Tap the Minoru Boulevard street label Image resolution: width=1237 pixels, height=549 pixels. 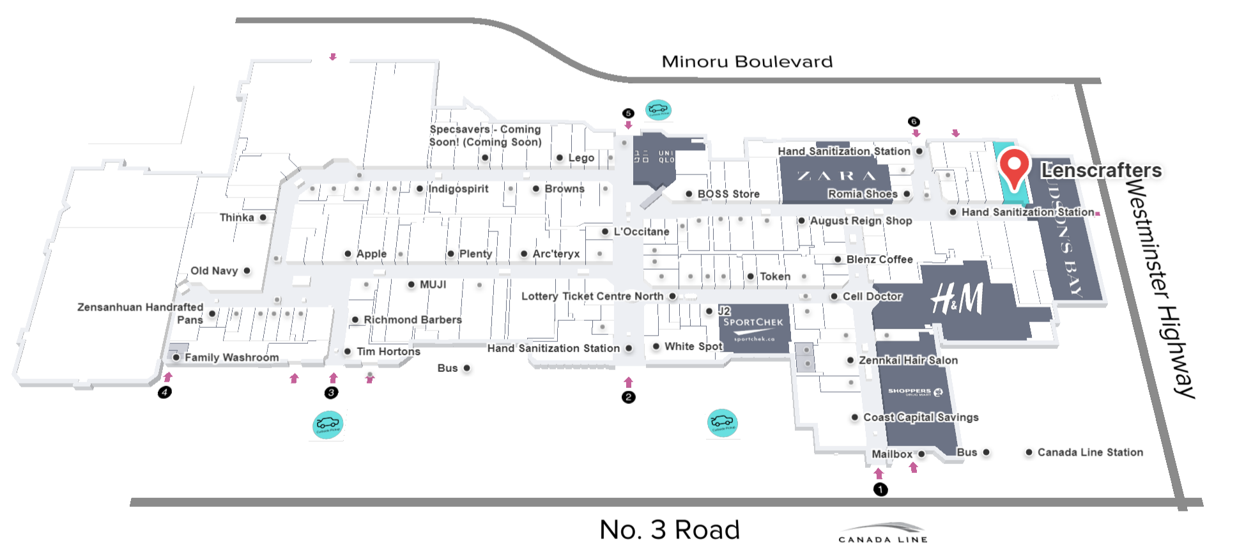point(747,62)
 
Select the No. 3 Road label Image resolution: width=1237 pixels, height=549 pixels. point(669,530)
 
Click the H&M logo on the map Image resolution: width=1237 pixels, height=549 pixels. point(957,299)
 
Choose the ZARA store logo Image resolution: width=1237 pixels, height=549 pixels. point(836,176)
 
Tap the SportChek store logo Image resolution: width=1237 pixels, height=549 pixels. point(753,327)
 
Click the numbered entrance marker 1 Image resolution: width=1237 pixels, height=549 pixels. point(880,490)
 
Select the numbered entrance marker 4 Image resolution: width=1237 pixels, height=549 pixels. point(165,392)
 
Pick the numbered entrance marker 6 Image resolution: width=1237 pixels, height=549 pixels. point(914,121)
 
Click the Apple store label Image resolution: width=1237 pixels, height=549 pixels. point(371,254)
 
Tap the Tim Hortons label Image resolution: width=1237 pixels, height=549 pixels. point(388,352)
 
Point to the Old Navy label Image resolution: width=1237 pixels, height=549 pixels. point(214,271)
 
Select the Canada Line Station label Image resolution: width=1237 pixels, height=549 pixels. point(1089,452)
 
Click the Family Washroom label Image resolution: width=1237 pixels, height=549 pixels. point(231,357)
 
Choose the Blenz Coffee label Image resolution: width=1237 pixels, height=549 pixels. point(879,259)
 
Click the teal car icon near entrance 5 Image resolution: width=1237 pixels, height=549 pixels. point(658,110)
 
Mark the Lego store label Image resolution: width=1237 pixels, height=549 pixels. point(581,158)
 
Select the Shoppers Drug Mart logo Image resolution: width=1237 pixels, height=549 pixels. point(914,392)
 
